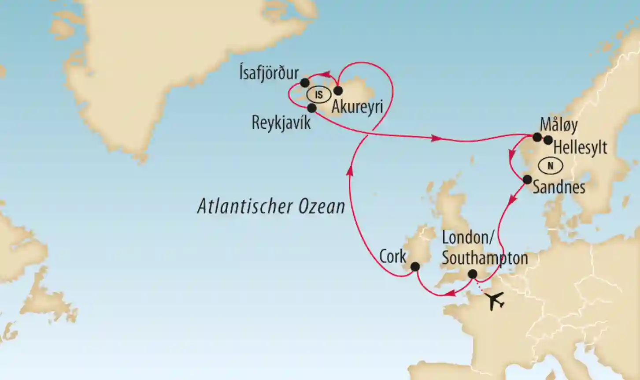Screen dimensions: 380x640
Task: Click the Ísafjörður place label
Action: click(269, 73)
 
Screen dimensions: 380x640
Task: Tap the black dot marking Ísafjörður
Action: click(304, 82)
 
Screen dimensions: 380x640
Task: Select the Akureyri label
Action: click(357, 107)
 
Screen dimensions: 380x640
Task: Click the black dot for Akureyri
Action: click(338, 91)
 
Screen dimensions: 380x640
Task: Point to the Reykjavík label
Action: click(281, 123)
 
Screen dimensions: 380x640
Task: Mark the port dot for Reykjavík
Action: click(311, 108)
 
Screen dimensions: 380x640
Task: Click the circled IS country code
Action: click(319, 94)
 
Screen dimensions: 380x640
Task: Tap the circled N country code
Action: click(550, 166)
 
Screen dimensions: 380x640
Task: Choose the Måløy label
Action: click(559, 125)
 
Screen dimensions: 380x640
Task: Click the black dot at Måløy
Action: click(537, 137)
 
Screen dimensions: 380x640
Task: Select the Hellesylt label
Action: click(580, 148)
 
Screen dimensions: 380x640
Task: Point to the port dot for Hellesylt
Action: click(548, 140)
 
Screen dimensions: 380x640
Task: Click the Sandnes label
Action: click(559, 187)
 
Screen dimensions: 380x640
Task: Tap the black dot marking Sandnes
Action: click(527, 179)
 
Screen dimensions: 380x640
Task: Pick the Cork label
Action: click(392, 257)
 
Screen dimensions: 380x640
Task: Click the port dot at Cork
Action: click(415, 267)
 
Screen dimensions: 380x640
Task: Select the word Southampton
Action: click(485, 258)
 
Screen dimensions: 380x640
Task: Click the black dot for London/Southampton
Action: click(472, 274)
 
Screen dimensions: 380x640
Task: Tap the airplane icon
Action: click(496, 301)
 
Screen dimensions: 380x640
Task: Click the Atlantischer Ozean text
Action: click(271, 206)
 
